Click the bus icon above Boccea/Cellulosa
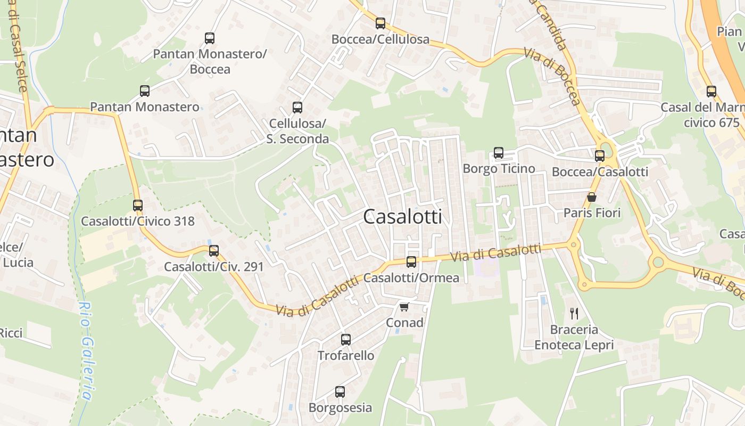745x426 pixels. click(380, 23)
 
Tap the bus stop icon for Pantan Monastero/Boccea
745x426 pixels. click(210, 38)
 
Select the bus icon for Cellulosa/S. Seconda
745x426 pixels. click(297, 108)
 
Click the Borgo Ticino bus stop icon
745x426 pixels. click(499, 153)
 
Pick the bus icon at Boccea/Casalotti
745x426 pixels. click(600, 156)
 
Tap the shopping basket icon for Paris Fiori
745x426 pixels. click(592, 198)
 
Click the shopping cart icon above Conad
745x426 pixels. click(404, 307)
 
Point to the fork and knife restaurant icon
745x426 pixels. click(574, 313)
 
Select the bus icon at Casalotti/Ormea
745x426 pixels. click(411, 262)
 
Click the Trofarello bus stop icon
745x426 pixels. click(346, 340)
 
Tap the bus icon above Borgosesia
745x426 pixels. click(340, 392)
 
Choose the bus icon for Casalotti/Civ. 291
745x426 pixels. click(214, 251)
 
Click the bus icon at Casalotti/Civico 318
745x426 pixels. click(138, 206)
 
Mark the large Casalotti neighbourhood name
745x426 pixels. click(402, 217)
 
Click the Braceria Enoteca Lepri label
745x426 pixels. click(574, 337)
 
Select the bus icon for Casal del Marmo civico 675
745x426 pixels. click(711, 92)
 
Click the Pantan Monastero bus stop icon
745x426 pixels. click(145, 91)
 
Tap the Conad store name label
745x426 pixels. click(404, 323)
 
